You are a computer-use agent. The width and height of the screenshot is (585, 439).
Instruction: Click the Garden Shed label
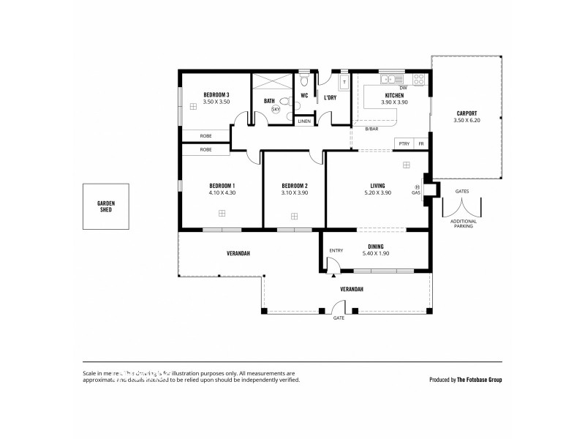(x=106, y=206)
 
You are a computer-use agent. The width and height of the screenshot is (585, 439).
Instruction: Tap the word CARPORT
(x=467, y=113)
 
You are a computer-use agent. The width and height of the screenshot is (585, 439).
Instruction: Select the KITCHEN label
(x=394, y=96)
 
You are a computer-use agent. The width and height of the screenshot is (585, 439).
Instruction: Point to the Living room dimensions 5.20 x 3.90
(x=378, y=192)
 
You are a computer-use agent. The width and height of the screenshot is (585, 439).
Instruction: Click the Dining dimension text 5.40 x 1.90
(x=376, y=253)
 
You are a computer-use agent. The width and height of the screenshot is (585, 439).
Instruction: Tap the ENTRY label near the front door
(x=336, y=250)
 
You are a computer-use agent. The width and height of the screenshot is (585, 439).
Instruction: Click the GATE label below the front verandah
(x=339, y=318)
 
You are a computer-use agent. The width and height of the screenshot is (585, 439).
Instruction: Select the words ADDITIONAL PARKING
(x=463, y=224)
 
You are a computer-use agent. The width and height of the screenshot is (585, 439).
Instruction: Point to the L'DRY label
(x=330, y=97)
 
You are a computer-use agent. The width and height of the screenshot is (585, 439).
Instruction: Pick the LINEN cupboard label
(x=304, y=121)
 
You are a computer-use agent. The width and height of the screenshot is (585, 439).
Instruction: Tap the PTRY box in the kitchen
(x=404, y=144)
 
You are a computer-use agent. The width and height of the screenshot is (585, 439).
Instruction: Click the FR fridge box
(x=420, y=144)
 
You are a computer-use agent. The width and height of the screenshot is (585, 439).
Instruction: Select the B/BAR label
(x=371, y=129)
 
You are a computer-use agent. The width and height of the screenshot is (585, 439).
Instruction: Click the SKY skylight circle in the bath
(x=276, y=109)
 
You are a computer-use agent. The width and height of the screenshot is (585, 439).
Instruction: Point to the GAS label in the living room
(x=416, y=192)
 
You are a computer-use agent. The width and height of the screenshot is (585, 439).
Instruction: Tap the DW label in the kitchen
(x=403, y=88)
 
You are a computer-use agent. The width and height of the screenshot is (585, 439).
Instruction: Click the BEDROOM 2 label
(x=294, y=186)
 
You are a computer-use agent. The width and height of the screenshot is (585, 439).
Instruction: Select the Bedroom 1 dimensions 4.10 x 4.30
(x=222, y=192)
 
